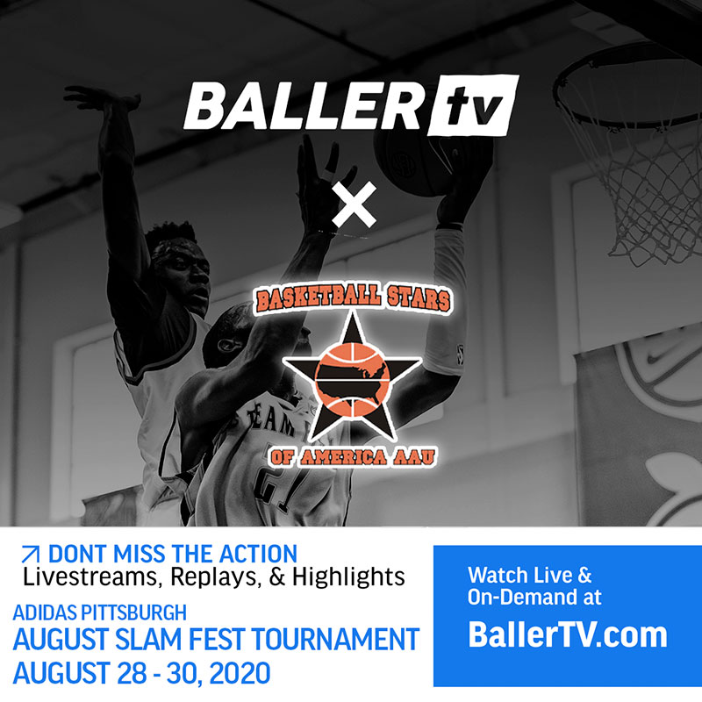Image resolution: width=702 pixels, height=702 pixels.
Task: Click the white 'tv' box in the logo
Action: [473, 105]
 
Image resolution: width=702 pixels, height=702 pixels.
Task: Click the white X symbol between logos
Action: [355, 204]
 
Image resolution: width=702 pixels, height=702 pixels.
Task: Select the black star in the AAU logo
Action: [352, 377]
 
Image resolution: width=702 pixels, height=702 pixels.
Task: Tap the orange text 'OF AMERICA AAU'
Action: [353, 456]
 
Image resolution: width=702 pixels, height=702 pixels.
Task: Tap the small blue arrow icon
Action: [31, 555]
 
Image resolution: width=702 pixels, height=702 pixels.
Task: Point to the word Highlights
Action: [348, 577]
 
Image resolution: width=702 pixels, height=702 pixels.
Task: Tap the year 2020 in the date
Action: [240, 673]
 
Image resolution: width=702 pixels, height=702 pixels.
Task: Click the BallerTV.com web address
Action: [568, 634]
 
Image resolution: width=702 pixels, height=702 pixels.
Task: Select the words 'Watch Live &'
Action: [530, 576]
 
